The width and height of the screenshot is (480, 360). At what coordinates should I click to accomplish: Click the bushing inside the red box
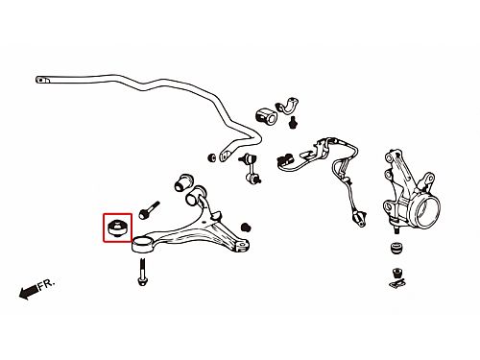point(117,228)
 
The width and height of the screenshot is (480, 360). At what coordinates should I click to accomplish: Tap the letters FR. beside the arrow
point(47,284)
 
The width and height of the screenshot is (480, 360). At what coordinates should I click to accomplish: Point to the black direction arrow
point(29,292)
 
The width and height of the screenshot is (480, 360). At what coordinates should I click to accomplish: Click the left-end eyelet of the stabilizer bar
point(42,80)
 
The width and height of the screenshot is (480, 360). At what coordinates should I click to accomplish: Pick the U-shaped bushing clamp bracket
point(287,106)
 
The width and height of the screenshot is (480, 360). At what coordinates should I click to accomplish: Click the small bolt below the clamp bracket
point(292,123)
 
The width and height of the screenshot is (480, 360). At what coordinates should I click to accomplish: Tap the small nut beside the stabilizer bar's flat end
point(211,157)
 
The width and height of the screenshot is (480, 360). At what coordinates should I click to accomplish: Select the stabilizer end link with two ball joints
point(252,169)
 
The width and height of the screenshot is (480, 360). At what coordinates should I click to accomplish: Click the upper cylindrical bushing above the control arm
point(183,182)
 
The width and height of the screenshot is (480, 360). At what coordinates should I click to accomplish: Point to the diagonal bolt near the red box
point(149,210)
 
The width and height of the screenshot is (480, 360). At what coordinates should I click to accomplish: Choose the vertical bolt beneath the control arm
point(142,272)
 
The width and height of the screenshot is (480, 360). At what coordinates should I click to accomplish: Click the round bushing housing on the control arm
point(141,245)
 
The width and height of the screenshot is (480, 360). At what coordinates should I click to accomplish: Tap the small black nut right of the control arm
point(246,227)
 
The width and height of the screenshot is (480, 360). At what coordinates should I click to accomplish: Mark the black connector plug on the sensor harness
point(285,159)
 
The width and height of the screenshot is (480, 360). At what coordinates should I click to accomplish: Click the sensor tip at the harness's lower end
point(359,219)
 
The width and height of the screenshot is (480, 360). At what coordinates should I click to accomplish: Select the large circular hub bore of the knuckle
point(427,213)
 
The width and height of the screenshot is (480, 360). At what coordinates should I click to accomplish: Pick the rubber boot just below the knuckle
point(397,249)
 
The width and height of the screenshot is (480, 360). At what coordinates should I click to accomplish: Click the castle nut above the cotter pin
point(397,274)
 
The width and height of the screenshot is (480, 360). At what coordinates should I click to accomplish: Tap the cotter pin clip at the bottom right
point(397,283)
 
